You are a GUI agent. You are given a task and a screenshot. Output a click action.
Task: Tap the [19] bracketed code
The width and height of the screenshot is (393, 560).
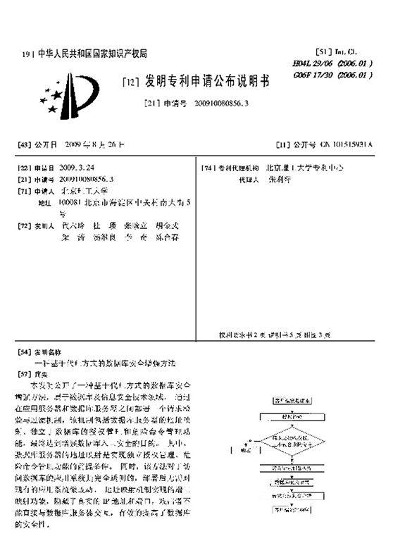tap(27, 54)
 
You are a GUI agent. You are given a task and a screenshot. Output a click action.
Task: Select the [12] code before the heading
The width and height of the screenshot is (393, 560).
tap(131, 83)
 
